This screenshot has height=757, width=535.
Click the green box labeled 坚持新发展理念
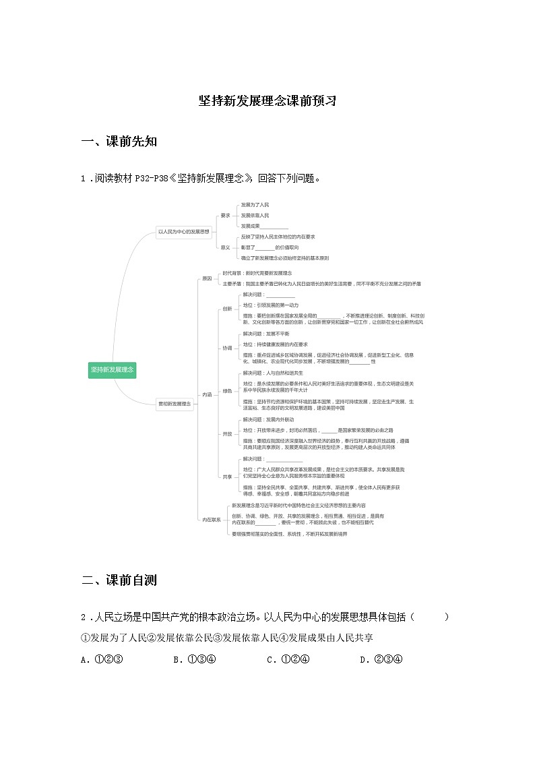point(113,369)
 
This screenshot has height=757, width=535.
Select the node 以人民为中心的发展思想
point(184,231)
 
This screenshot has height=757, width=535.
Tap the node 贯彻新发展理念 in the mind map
point(175,404)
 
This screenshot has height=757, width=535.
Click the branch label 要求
point(226,216)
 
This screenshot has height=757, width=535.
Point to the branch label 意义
point(226,247)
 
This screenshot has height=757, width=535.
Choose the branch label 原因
point(207,278)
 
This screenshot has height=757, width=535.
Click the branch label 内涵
point(207,394)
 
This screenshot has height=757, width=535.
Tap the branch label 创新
point(227,309)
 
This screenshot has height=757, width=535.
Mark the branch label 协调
point(227,349)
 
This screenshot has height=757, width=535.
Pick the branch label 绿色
point(227,390)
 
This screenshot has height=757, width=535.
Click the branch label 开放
point(227,434)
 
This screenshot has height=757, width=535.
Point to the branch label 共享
point(227,477)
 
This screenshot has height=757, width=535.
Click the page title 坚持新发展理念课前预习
point(267,101)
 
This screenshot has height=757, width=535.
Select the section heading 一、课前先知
point(119,142)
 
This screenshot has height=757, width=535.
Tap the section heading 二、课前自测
point(119,580)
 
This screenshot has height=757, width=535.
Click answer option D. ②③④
point(381,659)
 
